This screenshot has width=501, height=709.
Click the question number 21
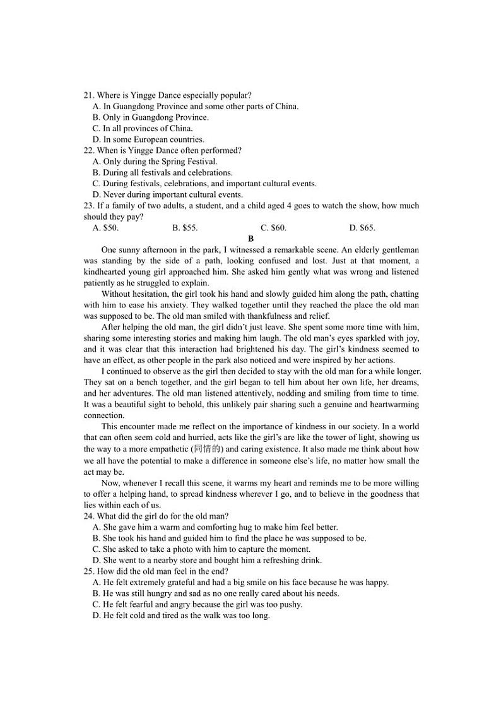pos(88,95)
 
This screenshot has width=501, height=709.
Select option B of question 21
pos(150,117)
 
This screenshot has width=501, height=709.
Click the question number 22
pos(88,150)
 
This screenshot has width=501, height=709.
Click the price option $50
pos(105,228)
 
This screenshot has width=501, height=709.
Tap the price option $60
pos(273,228)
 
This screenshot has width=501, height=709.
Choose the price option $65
pos(362,228)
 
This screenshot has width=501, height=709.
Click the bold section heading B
pos(250,239)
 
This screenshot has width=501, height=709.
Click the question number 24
pos(88,516)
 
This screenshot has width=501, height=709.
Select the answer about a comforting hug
pos(215,527)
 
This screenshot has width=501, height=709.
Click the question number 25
pos(88,571)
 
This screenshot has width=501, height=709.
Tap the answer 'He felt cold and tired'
pos(181,616)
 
